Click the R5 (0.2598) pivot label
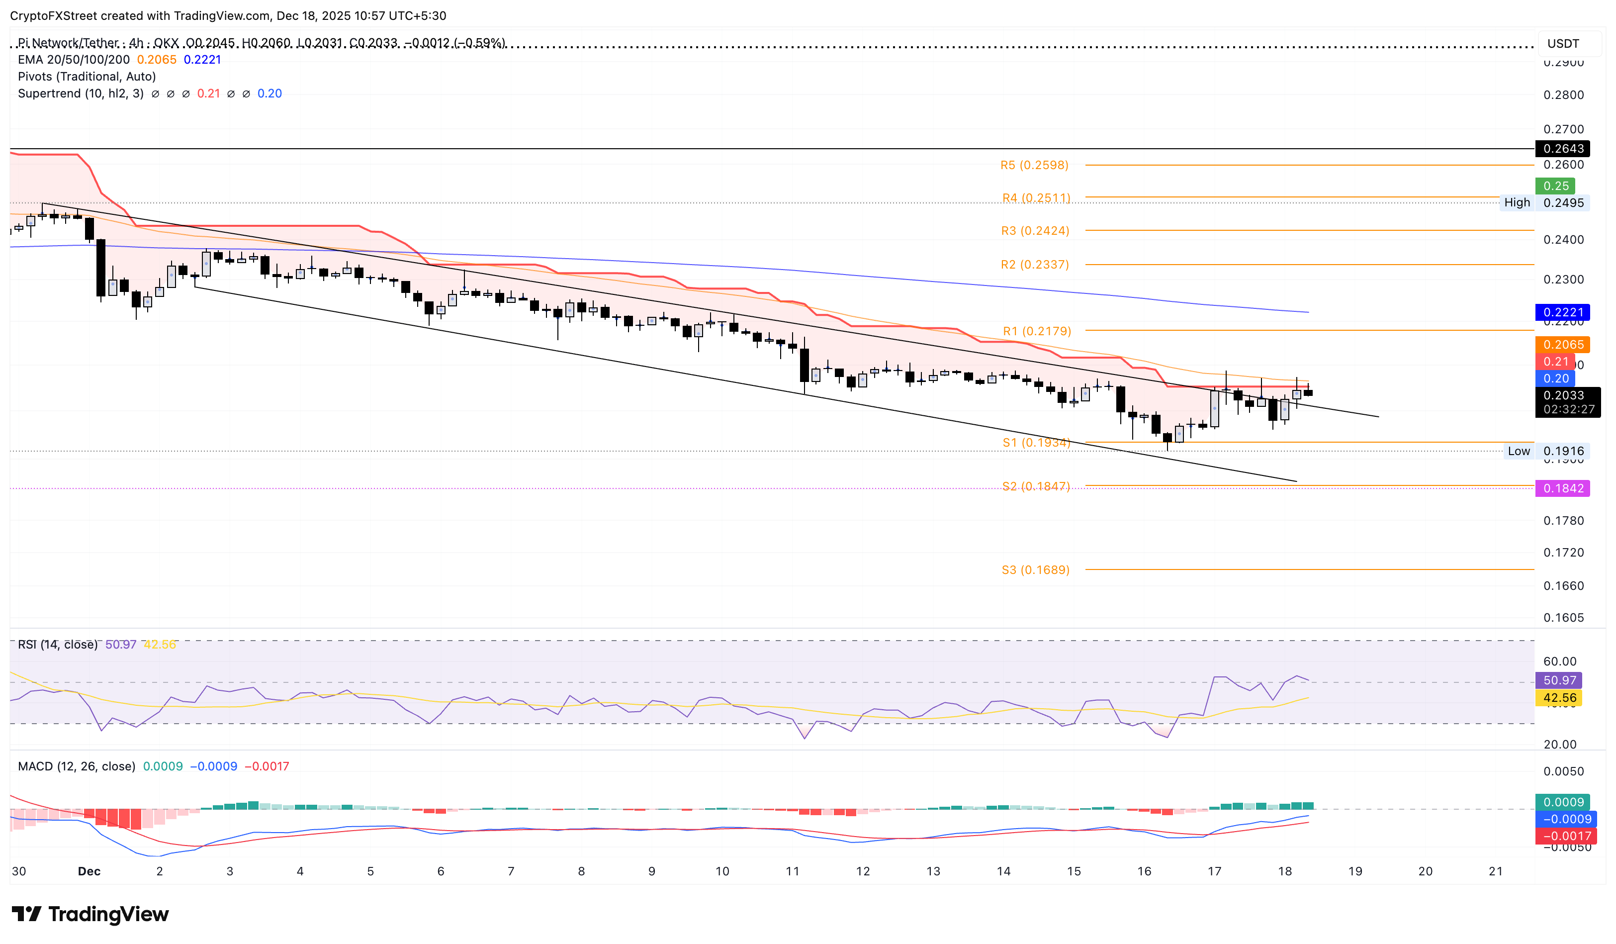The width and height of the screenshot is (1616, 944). [x=1034, y=166]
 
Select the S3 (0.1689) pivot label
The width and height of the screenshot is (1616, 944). [x=1035, y=569]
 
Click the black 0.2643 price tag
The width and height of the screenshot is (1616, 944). [x=1562, y=149]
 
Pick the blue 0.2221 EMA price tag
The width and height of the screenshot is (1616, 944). [x=1562, y=312]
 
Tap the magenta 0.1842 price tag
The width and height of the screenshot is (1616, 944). [x=1562, y=489]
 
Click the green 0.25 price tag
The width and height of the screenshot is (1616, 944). [x=1555, y=186]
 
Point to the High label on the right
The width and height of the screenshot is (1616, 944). [x=1517, y=202]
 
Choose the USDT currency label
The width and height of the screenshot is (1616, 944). [x=1563, y=44]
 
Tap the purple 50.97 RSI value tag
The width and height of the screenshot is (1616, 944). [x=1558, y=680]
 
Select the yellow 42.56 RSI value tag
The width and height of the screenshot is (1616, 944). [x=1558, y=698]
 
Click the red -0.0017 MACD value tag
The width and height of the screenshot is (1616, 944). [x=1562, y=836]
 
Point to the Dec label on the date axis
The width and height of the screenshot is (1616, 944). [x=89, y=871]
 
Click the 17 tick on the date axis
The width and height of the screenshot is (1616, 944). [x=1214, y=871]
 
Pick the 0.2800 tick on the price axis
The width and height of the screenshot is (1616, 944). [x=1563, y=95]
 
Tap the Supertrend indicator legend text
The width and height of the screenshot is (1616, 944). [x=80, y=94]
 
